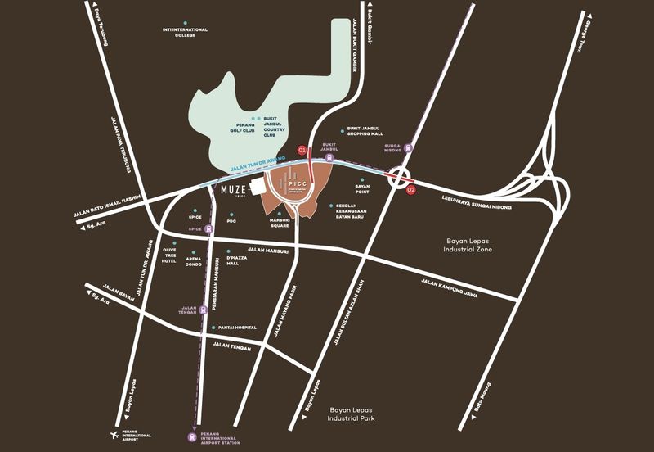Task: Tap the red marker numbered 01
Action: click(x=302, y=151)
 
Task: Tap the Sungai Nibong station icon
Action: click(x=409, y=149)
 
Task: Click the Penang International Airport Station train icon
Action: click(x=190, y=436)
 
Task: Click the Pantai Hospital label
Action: click(x=237, y=328)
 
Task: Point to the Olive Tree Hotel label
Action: click(x=170, y=254)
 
